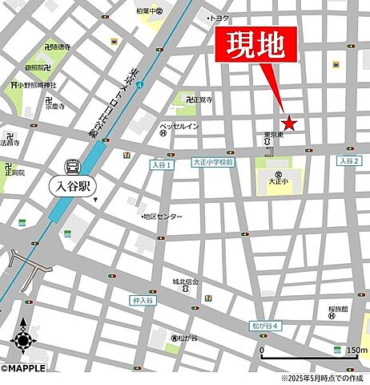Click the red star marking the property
coord(289,124)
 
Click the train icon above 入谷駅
coord(73,167)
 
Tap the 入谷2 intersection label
coord(348,161)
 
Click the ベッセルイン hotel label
coord(179,126)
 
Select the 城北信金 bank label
coord(186,282)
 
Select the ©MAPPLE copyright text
coord(23,368)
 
